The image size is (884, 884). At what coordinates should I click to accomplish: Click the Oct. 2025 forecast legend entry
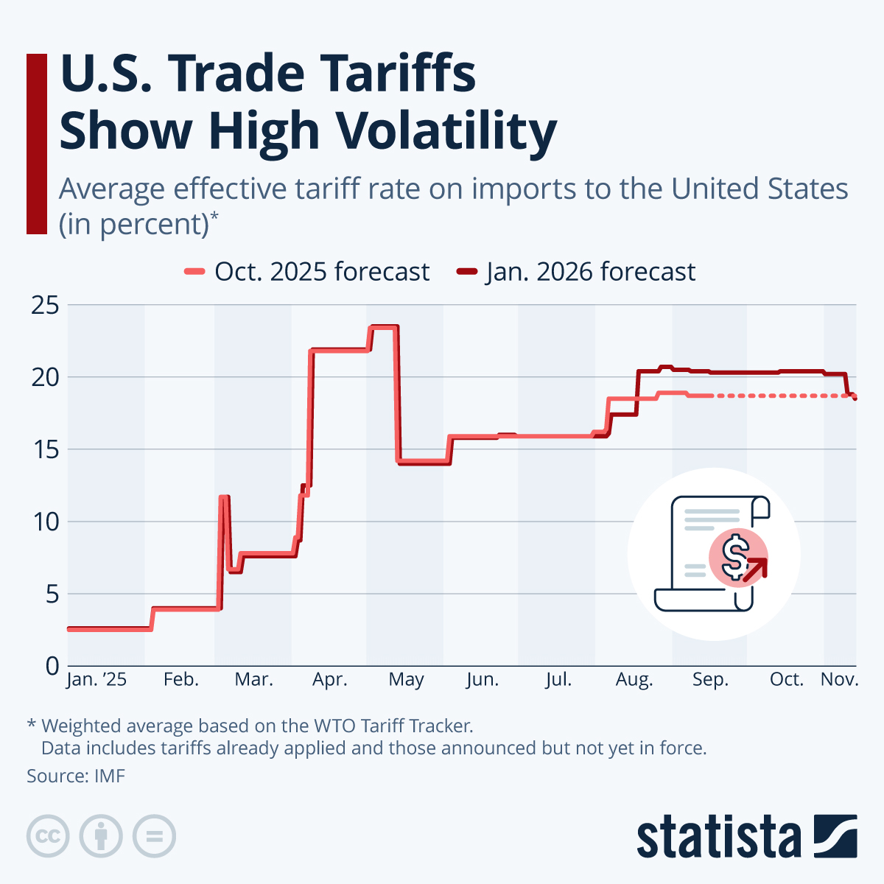click(x=306, y=272)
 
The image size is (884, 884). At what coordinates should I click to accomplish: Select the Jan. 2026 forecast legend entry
click(x=576, y=272)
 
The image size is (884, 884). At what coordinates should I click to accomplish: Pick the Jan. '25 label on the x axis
click(x=97, y=679)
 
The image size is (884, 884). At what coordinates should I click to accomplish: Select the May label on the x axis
click(x=406, y=679)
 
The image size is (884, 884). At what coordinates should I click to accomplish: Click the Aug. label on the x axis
click(x=634, y=679)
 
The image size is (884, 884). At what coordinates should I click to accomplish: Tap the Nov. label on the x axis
click(x=839, y=679)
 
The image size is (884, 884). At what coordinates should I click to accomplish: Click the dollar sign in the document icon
click(x=734, y=557)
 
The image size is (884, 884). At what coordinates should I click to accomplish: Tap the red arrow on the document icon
click(x=756, y=569)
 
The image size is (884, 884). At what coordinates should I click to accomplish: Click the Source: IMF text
click(x=76, y=776)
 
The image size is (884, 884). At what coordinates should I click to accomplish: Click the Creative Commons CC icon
click(x=48, y=836)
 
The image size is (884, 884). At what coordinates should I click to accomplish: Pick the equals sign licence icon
click(x=154, y=836)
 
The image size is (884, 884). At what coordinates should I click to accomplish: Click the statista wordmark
click(x=718, y=838)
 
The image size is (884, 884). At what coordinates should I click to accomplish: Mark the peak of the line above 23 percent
click(x=384, y=326)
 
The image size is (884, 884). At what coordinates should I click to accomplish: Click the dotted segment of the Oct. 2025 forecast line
click(x=781, y=396)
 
